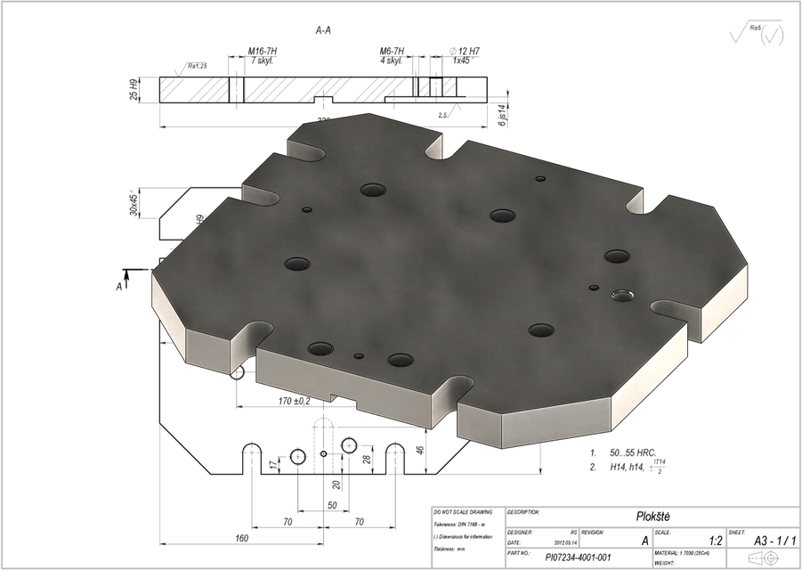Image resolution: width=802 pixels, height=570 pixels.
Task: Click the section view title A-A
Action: tap(323, 31)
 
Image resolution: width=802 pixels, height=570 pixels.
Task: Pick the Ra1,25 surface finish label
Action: tap(197, 65)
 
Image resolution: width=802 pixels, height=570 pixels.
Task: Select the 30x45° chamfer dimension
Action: tap(134, 203)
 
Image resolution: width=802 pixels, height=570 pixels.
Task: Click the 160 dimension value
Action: tap(241, 538)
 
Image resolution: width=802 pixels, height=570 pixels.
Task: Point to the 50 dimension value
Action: tap(331, 505)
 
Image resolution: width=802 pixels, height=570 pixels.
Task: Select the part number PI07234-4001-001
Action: tap(578, 558)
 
